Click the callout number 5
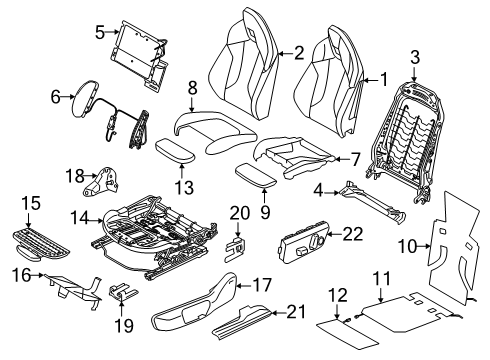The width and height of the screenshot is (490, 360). point(100,32)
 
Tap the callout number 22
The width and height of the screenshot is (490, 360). point(353,234)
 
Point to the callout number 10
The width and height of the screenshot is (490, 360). point(408,246)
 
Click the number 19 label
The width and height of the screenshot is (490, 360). point(124,325)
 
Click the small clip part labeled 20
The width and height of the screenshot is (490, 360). point(236,248)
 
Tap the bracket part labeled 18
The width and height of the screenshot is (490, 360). point(100,182)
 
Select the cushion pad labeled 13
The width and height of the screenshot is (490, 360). point(175,151)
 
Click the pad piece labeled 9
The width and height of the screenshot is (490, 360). point(256,175)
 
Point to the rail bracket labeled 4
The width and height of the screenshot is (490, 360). point(372,203)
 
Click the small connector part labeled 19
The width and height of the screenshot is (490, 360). point(122,291)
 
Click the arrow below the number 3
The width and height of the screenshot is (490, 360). point(414,74)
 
